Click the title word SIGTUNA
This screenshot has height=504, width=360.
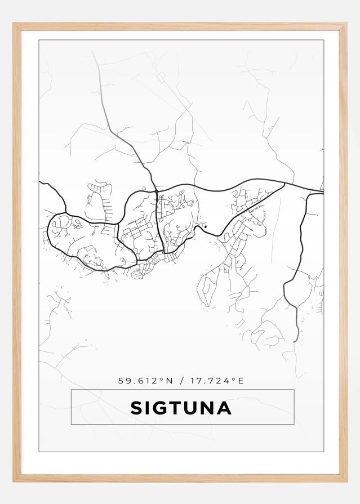point(181,408)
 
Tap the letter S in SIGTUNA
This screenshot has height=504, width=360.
point(137,408)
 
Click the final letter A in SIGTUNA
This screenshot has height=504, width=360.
point(225,408)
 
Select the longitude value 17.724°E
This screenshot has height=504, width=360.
point(216,381)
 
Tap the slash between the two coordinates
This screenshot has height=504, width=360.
point(181,381)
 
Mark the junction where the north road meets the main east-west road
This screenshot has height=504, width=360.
point(156,190)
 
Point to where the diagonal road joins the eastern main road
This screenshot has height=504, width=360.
point(284,183)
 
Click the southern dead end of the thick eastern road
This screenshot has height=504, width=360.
point(295,341)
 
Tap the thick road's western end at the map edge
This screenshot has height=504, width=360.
point(40,182)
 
